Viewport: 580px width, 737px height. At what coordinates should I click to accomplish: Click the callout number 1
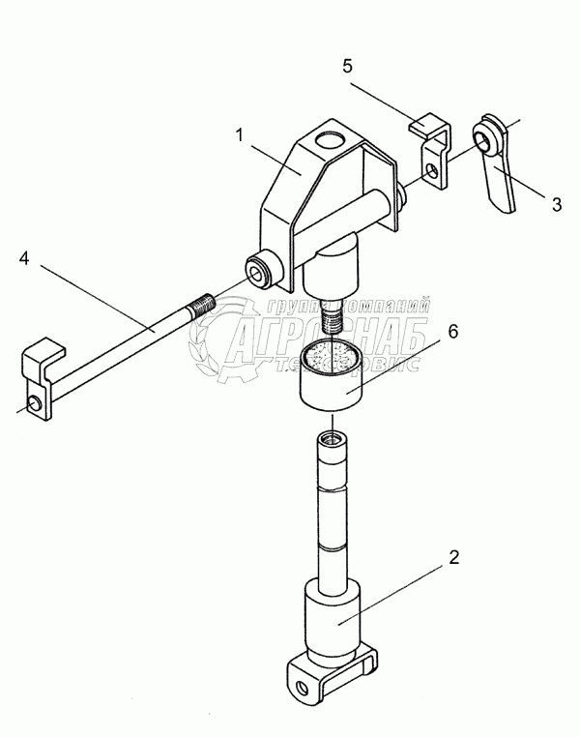point(238,133)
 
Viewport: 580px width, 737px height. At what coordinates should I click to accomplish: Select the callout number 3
point(556,203)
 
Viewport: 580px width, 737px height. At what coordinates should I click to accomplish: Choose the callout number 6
point(451,332)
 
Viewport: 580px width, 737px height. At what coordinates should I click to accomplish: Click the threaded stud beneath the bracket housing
point(330,314)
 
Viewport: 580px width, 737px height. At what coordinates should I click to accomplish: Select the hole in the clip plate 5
point(435,171)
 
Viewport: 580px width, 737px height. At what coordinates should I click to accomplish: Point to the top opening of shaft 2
point(329,440)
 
